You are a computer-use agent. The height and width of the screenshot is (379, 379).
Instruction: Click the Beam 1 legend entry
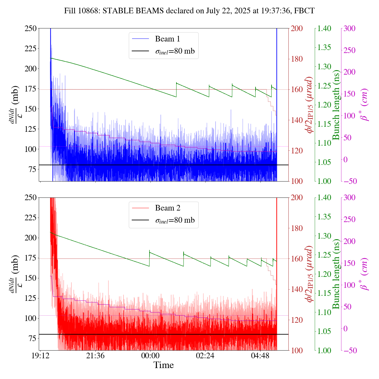pyautogui.click(x=167, y=39)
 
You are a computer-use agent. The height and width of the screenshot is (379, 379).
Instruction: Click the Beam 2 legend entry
pyautogui.click(x=167, y=208)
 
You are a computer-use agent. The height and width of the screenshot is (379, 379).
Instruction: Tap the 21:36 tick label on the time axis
pyautogui.click(x=95, y=356)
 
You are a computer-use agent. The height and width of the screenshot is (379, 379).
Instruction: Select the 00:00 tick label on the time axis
pyautogui.click(x=150, y=356)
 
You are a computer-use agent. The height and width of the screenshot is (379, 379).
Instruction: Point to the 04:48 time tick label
pyautogui.click(x=260, y=356)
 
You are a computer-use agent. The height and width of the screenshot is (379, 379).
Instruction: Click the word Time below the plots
pyautogui.click(x=163, y=365)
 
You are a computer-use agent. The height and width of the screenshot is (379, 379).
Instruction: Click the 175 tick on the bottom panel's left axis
pyautogui.click(x=31, y=258)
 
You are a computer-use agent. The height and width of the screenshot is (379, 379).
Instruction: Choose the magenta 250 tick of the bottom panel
pyautogui.click(x=350, y=219)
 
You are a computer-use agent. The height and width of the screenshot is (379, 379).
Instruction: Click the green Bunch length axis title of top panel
pyautogui.click(x=336, y=105)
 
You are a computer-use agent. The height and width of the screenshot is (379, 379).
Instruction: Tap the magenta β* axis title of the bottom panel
pyautogui.click(x=365, y=274)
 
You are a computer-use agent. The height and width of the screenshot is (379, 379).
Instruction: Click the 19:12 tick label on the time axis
pyautogui.click(x=40, y=356)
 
